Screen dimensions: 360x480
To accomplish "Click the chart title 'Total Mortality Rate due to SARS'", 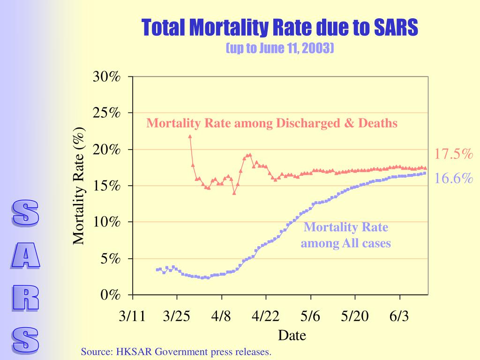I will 279,28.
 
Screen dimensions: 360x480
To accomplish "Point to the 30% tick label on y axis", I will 107,76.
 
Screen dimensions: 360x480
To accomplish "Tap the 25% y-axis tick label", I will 107,113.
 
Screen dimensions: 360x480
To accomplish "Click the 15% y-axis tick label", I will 107,186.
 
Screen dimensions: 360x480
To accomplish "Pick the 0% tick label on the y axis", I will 111,295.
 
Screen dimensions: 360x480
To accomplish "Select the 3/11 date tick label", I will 133,316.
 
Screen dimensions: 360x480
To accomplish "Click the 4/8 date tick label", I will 221,316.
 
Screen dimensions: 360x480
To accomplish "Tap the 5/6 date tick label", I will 310,316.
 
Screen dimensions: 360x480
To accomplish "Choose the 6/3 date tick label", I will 399,316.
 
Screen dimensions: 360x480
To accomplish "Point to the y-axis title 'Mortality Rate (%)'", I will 79,186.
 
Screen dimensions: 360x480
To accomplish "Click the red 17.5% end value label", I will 454,154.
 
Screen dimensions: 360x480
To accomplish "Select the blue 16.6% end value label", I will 454,179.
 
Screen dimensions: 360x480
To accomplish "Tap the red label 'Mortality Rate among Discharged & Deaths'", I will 272,123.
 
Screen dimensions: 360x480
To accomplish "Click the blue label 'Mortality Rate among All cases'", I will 346,235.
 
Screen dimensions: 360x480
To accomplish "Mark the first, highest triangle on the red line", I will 190,136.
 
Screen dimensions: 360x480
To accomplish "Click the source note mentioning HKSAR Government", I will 176,352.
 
